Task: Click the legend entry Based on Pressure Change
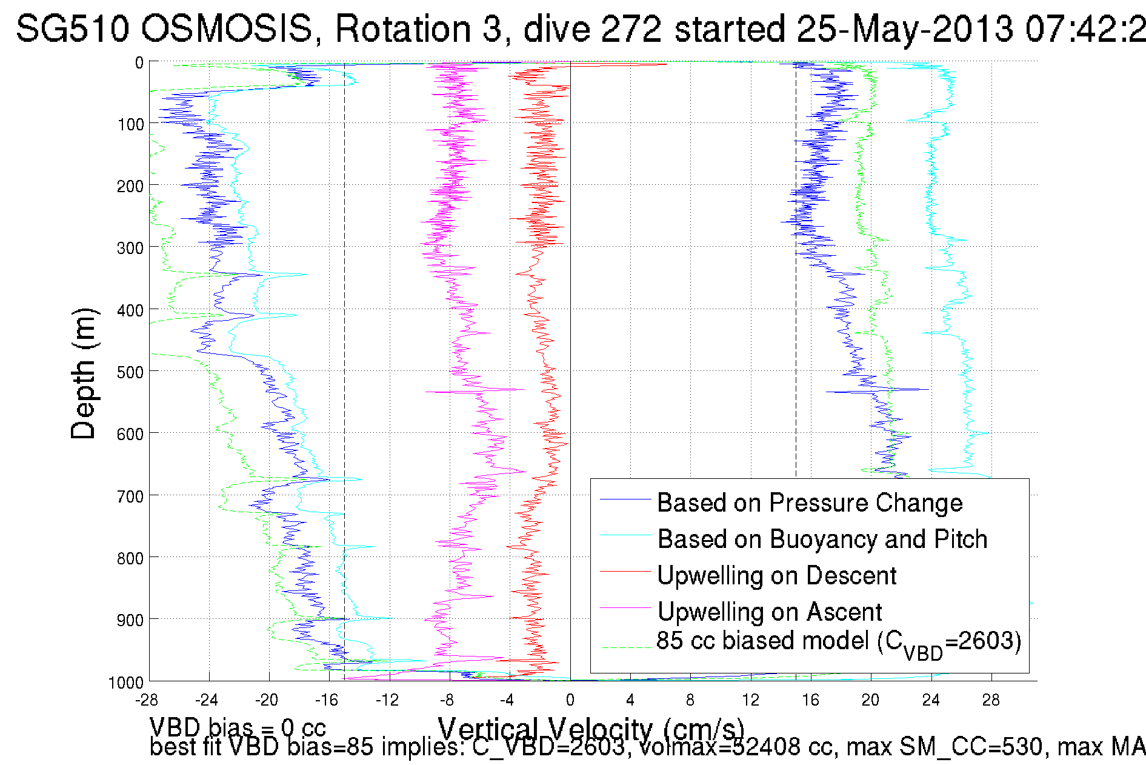click(x=810, y=503)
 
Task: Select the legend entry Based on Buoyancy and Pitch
click(x=822, y=540)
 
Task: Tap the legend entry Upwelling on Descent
click(x=777, y=576)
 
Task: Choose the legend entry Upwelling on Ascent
click(x=770, y=612)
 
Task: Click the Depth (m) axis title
click(x=84, y=373)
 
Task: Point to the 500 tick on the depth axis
click(x=130, y=372)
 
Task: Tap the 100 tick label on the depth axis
click(x=130, y=124)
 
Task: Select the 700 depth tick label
click(x=130, y=496)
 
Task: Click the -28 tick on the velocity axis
click(x=147, y=701)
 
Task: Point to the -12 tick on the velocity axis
click(x=387, y=701)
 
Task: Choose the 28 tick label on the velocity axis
click(x=991, y=701)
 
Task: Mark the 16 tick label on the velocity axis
click(x=811, y=701)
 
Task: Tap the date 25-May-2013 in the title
click(x=905, y=28)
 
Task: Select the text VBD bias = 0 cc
click(x=238, y=727)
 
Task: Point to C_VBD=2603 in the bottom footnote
click(x=548, y=747)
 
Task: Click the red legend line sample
click(x=625, y=571)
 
